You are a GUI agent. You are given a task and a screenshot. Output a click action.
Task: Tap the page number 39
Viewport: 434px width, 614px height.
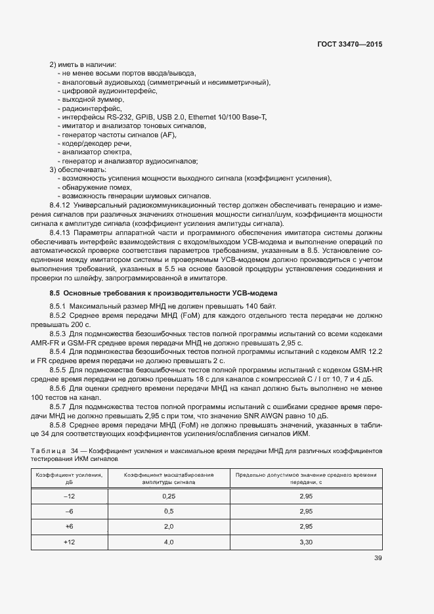coord(378,558)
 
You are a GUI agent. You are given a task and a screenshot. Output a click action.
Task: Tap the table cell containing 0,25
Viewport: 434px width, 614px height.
coord(168,496)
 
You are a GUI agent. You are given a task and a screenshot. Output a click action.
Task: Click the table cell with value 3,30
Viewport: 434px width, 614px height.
coord(305,542)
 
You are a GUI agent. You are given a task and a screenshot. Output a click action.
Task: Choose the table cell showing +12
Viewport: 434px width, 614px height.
coord(70,542)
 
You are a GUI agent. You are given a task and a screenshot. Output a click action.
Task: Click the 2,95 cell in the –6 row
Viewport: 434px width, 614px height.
coord(305,511)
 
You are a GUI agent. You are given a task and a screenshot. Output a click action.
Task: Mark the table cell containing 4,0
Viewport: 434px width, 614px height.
coord(168,542)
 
